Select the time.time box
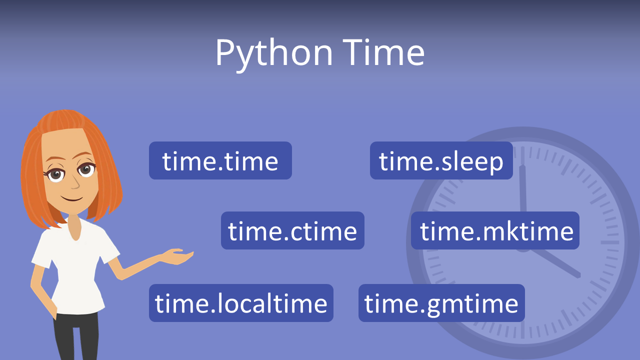click(220, 160)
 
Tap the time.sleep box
click(441, 160)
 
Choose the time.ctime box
click(292, 230)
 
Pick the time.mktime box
click(495, 230)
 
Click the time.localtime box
click(241, 303)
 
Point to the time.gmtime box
click(441, 303)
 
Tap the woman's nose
click(75, 183)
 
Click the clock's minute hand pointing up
click(522, 190)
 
